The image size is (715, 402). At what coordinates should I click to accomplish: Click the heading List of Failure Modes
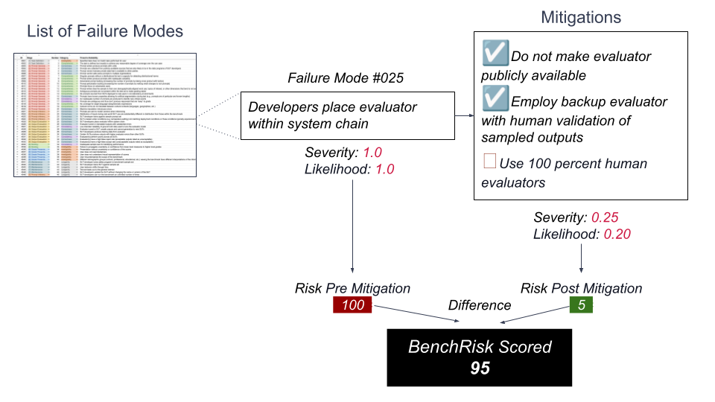pos(105,31)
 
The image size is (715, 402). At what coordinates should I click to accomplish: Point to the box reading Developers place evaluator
pos(348,115)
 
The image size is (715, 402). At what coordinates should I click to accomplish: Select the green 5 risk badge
pos(581,305)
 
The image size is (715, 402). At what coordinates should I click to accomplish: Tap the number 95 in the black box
pos(480,368)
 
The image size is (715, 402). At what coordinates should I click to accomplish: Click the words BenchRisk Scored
pos(480,347)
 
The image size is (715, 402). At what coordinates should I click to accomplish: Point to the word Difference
pos(480,305)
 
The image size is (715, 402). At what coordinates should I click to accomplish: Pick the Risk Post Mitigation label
pos(581,288)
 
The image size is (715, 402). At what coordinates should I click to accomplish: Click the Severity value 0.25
pos(606,218)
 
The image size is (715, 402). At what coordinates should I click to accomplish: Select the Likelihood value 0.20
pos(616,234)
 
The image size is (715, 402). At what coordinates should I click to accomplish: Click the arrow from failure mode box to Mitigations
pos(457,115)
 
